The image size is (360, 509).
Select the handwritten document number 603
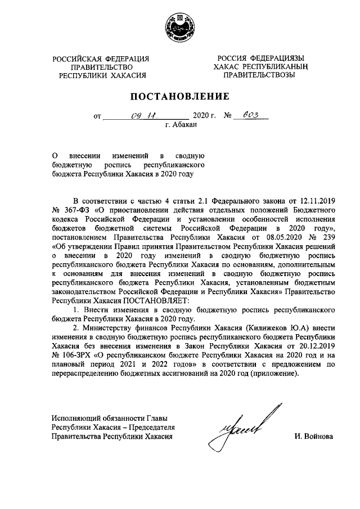[x=251, y=116]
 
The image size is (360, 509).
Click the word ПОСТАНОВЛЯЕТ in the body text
[x=160, y=300]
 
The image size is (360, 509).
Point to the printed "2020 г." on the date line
[x=205, y=117]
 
